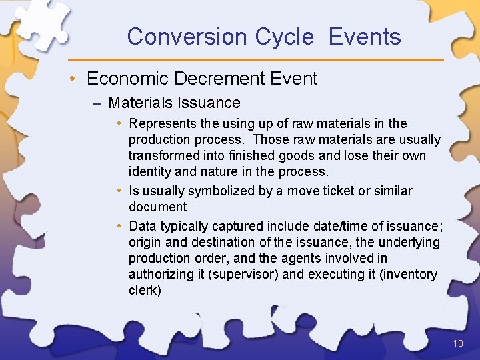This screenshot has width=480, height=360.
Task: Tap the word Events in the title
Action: click(365, 37)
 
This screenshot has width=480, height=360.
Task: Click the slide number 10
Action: click(457, 344)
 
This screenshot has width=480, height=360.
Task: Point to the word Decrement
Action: click(213, 79)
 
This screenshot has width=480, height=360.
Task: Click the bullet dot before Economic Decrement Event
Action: click(78, 79)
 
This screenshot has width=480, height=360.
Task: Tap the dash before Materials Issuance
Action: click(99, 103)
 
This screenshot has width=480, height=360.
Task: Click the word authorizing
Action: click(161, 274)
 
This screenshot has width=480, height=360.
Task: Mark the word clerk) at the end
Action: click(145, 291)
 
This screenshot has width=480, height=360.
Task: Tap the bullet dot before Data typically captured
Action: click(119, 226)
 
